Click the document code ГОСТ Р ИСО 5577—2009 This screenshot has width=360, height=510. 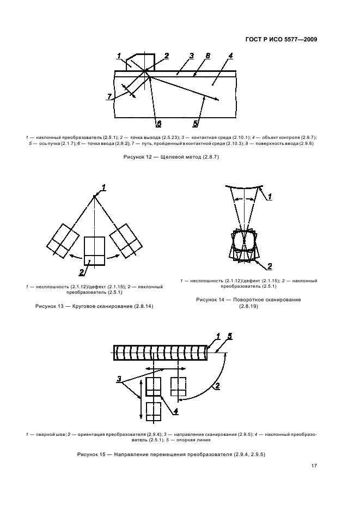tap(281, 39)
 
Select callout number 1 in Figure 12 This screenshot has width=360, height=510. tap(119, 56)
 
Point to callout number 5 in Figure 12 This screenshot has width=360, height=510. tap(196, 123)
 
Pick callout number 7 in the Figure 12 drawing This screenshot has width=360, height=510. tap(110, 96)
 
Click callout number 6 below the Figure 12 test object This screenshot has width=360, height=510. tap(158, 123)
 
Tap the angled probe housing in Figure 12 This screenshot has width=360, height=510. tap(140, 62)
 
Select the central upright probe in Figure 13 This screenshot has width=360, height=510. tap(94, 251)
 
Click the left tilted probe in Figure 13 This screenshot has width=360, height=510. tap(64, 239)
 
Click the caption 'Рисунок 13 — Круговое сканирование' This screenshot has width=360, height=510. tap(94, 307)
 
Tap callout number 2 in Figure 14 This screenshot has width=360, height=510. tap(269, 266)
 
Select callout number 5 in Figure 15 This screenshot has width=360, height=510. tap(229, 336)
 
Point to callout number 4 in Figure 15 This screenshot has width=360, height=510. tap(175, 411)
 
